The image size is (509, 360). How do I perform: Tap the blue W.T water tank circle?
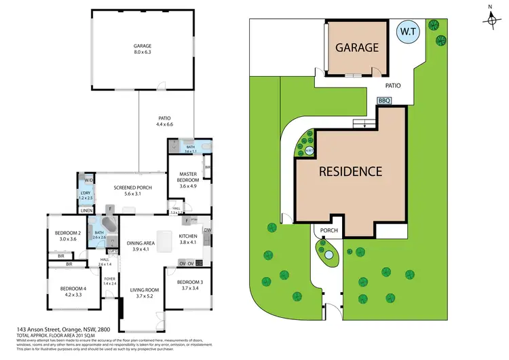click(x=408, y=32)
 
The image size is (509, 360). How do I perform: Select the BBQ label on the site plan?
click(x=384, y=101)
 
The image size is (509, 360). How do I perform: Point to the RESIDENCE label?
click(x=350, y=171)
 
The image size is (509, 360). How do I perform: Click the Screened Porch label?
click(x=132, y=191)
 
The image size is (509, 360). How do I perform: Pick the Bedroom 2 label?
click(x=69, y=236)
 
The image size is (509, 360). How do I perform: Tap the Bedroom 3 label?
click(x=189, y=285)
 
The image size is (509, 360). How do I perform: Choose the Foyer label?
click(x=109, y=281)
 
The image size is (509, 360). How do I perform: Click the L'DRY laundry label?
click(x=86, y=196)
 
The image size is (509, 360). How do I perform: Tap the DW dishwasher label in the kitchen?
click(x=207, y=230)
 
